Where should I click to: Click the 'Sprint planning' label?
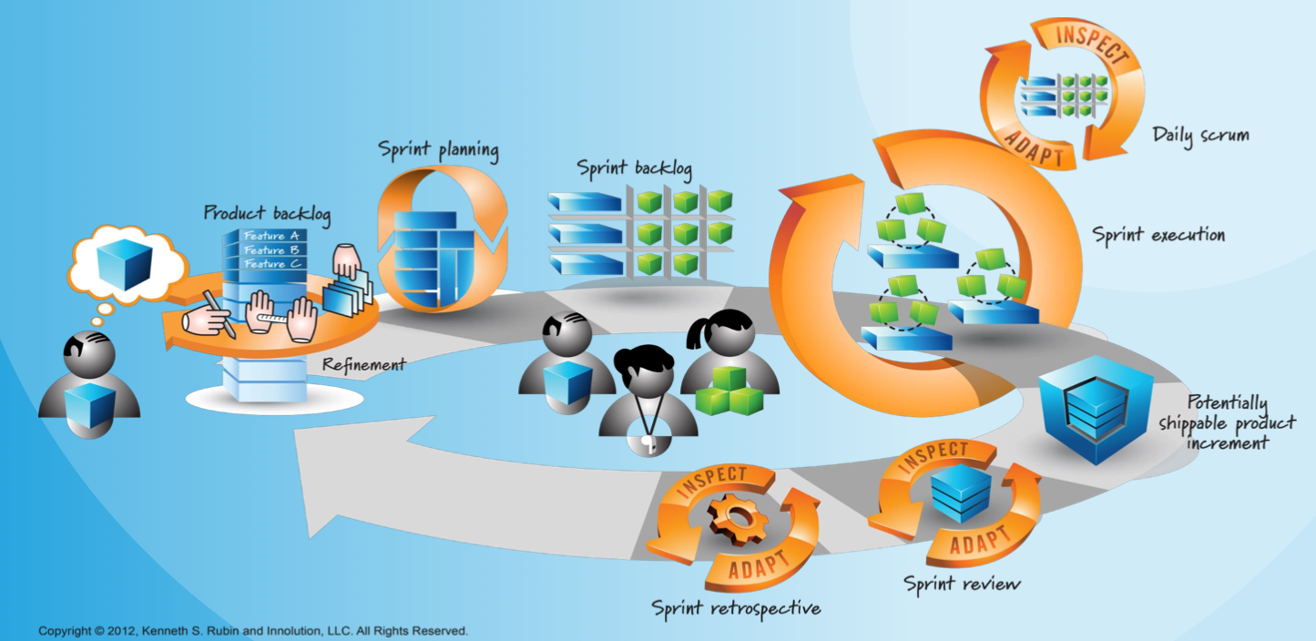[439, 150]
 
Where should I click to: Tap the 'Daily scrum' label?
[1200, 136]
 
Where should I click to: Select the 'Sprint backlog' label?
[634, 168]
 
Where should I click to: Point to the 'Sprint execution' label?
[1158, 235]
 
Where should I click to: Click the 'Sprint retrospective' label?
[736, 607]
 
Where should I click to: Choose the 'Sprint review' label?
[962, 583]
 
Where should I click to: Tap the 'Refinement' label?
[363, 364]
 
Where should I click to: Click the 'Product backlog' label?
[267, 213]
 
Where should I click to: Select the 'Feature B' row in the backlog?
[271, 250]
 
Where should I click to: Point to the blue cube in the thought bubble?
[124, 266]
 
